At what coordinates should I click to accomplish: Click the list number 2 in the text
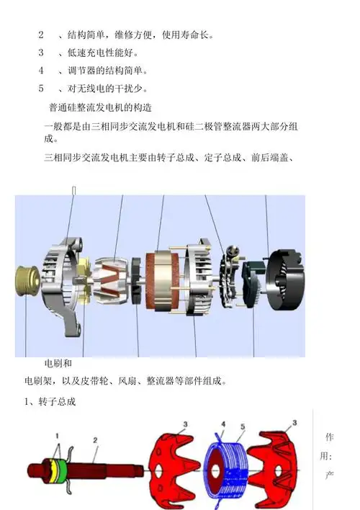click(41, 35)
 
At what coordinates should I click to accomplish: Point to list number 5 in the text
click(41, 89)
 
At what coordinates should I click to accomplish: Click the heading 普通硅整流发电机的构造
click(99, 108)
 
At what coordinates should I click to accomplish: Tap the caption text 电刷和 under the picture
click(58, 363)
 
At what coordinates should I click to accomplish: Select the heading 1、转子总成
click(50, 401)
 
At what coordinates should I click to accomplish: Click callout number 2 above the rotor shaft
click(94, 439)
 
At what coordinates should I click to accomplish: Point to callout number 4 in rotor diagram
click(223, 424)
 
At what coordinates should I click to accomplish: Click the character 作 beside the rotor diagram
click(330, 437)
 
